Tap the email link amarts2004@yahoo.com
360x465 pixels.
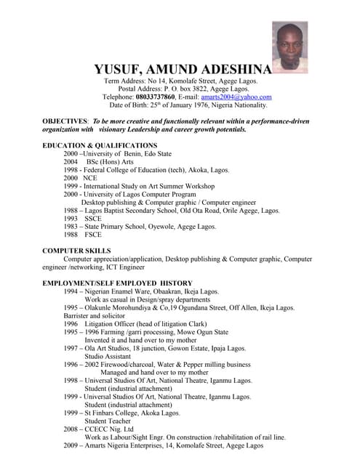click(x=236, y=97)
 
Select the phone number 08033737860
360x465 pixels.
click(x=155, y=97)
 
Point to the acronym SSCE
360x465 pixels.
click(x=93, y=218)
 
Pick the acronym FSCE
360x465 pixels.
click(x=93, y=235)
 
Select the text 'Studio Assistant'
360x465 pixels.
click(x=108, y=356)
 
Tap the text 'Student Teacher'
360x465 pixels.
click(x=109, y=421)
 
